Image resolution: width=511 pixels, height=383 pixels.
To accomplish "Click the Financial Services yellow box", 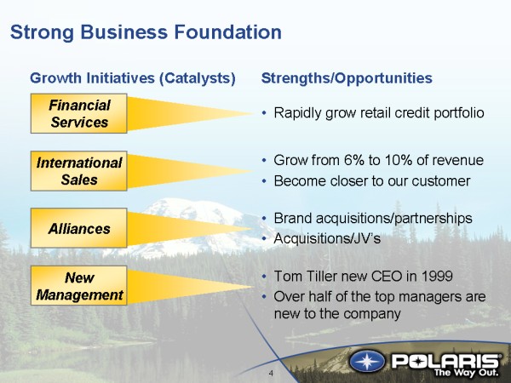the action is point(79,113).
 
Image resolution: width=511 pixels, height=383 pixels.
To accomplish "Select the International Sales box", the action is point(79,171).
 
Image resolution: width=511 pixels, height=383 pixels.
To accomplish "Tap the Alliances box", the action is point(79,228).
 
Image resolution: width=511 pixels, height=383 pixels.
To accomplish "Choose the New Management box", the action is point(79,286).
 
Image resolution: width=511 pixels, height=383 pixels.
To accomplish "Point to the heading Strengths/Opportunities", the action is point(347,78).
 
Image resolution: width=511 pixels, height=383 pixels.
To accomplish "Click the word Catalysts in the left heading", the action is point(198,78).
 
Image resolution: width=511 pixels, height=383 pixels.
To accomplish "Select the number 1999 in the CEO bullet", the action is point(437,276).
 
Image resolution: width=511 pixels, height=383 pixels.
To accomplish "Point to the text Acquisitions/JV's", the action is point(327,238).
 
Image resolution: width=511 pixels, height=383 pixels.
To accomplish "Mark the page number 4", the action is point(271,374).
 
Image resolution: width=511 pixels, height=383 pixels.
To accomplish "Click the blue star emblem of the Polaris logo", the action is point(367,362).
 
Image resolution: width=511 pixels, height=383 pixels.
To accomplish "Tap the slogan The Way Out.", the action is point(467,372).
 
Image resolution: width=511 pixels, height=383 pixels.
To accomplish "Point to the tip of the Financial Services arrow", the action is point(254,114).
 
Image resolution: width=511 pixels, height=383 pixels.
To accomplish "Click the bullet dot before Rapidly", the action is point(264,113).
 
